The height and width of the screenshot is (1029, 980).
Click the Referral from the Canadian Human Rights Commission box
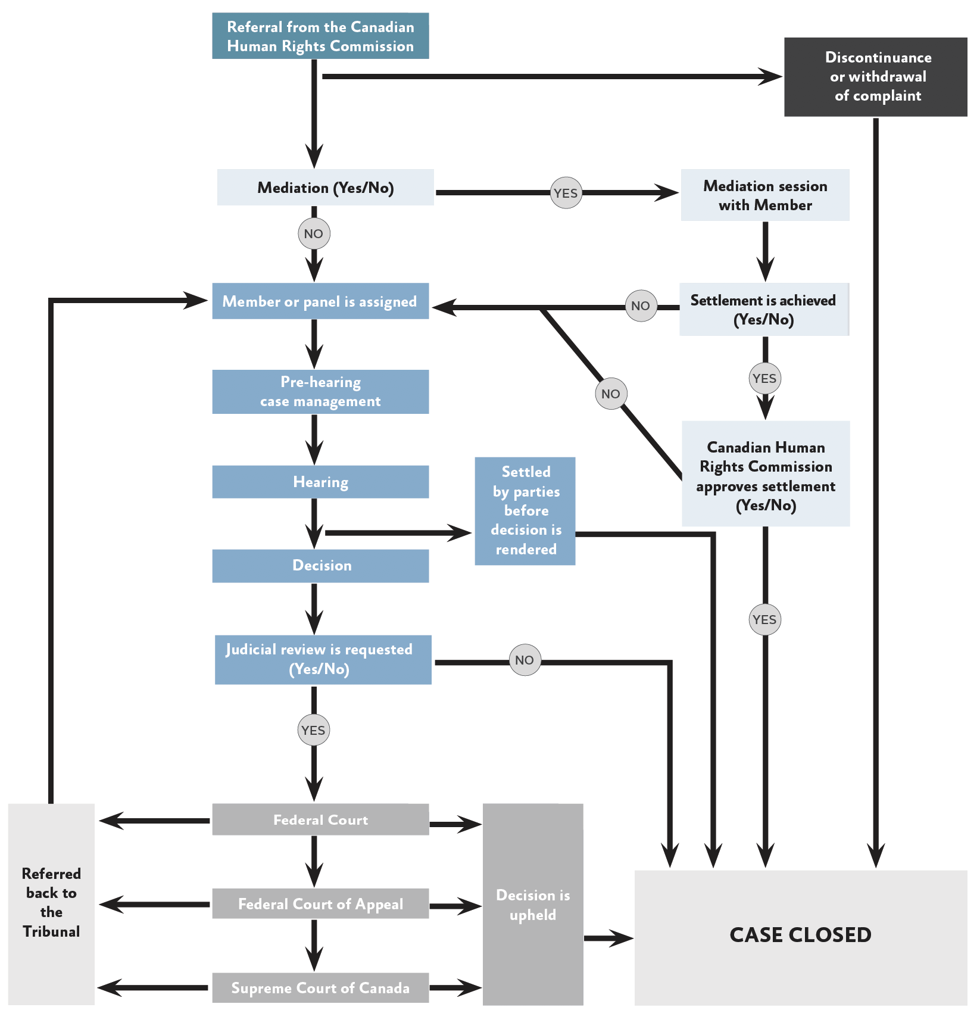[x=320, y=36]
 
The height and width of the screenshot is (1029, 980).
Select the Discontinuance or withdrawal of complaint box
[x=875, y=77]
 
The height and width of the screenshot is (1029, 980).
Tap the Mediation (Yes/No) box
[x=325, y=188]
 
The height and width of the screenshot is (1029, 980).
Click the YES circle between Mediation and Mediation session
[x=566, y=193]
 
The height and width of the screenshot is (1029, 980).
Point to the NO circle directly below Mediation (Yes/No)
[x=314, y=233]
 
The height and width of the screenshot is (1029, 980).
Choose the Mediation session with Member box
[x=765, y=195]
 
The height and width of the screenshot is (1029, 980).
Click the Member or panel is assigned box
[x=320, y=301]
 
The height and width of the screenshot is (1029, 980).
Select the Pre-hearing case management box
[x=320, y=392]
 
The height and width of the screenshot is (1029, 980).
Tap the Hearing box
[x=320, y=482]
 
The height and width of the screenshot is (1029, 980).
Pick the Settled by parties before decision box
[x=525, y=511]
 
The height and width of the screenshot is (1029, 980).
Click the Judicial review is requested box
[x=323, y=660]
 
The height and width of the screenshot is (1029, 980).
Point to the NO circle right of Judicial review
[x=525, y=660]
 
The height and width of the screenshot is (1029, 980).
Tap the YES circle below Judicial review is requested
[x=313, y=730]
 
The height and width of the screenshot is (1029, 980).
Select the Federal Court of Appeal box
[x=320, y=904]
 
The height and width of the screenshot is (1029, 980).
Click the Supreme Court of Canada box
[x=320, y=988]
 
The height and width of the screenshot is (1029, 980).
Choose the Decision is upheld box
[x=533, y=905]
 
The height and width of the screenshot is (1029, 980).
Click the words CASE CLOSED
[x=800, y=935]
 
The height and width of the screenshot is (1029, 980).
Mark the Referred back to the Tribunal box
[x=51, y=903]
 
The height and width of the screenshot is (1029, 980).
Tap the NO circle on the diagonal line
[x=610, y=394]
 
